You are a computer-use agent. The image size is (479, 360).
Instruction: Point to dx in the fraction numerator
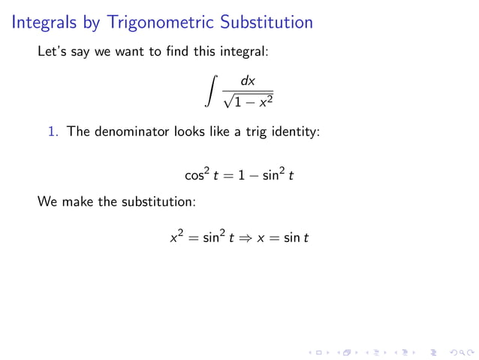[x=248, y=80]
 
